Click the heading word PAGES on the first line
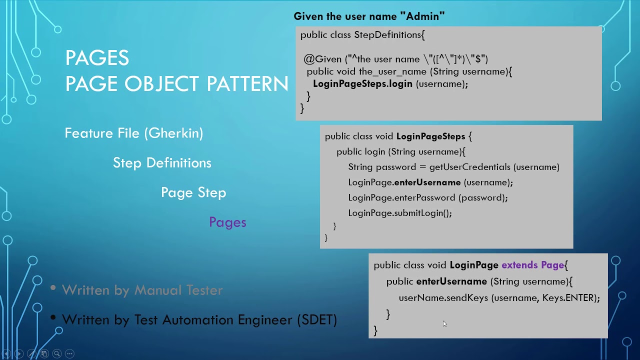pyautogui.click(x=97, y=58)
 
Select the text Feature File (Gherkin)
pyautogui.click(x=134, y=133)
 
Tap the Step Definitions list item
pyautogui.click(x=162, y=163)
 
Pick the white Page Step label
pyautogui.click(x=193, y=192)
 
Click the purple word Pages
pyautogui.click(x=227, y=222)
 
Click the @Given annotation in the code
pyautogui.click(x=322, y=59)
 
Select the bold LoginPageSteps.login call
pyautogui.click(x=362, y=84)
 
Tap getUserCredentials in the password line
pyautogui.click(x=469, y=167)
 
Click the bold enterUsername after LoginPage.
pyautogui.click(x=427, y=182)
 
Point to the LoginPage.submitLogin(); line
pyautogui.click(x=399, y=213)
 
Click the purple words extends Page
pyautogui.click(x=532, y=265)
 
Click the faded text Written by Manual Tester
pyautogui.click(x=142, y=290)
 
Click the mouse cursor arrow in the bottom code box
pyautogui.click(x=444, y=324)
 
